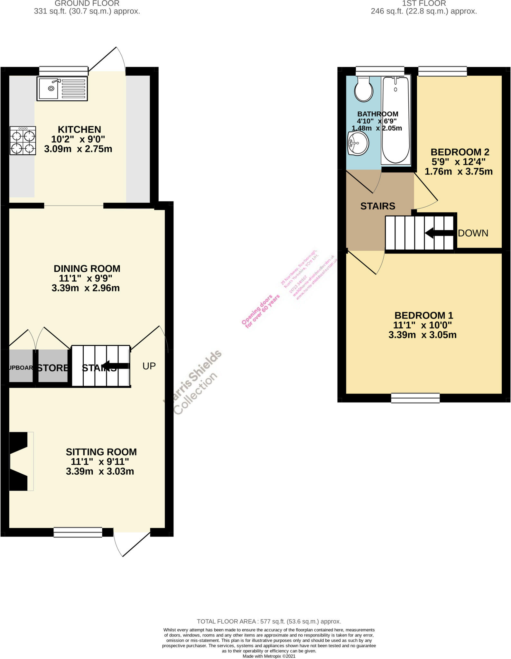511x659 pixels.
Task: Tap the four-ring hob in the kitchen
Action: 23,141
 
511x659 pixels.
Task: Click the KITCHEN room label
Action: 79,129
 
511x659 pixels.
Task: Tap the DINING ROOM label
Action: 87,268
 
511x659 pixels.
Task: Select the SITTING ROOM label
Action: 101,452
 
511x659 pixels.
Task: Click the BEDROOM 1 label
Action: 423,315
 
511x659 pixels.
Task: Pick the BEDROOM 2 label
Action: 460,152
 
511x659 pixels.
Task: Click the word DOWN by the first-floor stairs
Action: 473,233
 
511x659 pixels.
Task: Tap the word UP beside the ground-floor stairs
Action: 149,366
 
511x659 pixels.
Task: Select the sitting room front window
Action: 78,532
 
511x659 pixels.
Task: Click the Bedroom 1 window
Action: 415,398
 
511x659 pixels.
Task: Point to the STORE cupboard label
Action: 53,368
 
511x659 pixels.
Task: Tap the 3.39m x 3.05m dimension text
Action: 422,335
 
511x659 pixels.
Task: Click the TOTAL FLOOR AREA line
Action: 269,621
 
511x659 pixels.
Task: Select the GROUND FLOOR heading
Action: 87,4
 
